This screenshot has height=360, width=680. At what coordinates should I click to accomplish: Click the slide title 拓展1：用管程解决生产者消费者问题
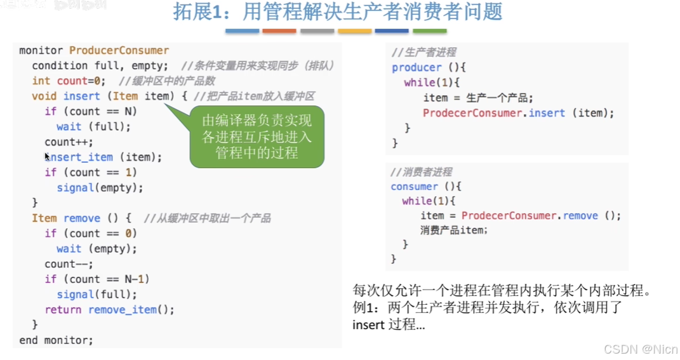pos(338,13)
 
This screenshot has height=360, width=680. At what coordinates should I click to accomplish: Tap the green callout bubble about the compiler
pos(257,137)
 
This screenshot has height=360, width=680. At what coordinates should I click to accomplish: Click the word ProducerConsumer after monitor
pos(119,50)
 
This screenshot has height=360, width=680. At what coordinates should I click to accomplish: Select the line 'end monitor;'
pos(56,340)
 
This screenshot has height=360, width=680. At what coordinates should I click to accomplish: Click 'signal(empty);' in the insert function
pos(100,188)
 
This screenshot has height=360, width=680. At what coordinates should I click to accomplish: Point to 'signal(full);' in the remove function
pos(97,295)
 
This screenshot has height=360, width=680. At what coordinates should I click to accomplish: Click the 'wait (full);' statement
pos(93,126)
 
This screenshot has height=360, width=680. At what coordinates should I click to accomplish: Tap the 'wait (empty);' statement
pos(97,249)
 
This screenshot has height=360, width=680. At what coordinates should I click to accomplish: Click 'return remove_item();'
pos(109,310)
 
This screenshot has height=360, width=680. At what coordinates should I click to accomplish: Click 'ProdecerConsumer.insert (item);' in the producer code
pos(518,113)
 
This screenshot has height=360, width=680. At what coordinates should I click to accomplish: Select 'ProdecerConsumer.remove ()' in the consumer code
pos(530,216)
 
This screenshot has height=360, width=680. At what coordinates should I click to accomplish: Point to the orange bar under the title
pos(279,30)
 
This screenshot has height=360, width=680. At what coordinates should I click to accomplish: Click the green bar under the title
pos(429,30)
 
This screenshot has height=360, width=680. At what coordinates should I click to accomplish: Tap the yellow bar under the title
pos(354,30)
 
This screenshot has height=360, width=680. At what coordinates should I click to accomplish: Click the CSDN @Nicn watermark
pos(640,349)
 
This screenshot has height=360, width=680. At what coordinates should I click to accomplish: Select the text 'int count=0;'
pos(69,81)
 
